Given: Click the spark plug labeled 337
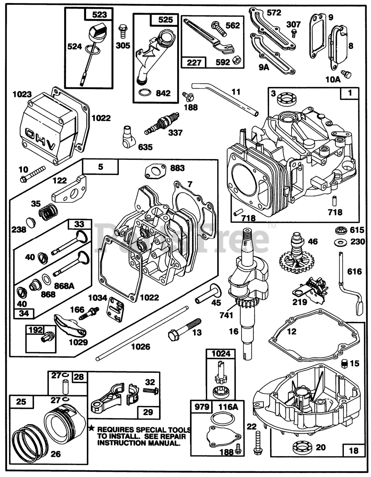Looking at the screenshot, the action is [x=162, y=124].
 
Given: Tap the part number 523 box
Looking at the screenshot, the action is [x=99, y=15].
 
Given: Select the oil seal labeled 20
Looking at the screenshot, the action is [x=302, y=446].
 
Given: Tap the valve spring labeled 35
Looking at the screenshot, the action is [x=48, y=211].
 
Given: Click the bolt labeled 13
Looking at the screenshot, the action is [x=184, y=329].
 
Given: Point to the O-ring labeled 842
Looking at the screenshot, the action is [x=145, y=93].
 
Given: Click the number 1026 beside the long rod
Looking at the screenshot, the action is [x=141, y=347].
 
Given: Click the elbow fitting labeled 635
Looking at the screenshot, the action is [x=129, y=137].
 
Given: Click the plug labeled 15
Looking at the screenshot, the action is [x=345, y=363].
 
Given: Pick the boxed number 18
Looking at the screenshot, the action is [x=353, y=451].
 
